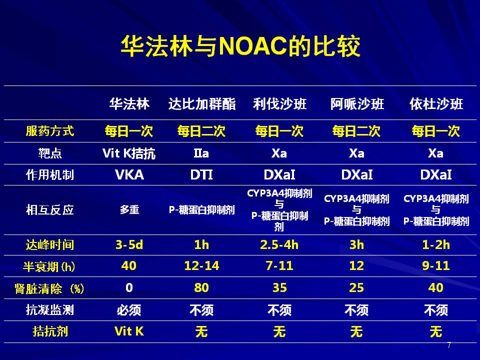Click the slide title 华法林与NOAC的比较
240,46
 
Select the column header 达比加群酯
201,104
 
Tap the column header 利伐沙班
279,104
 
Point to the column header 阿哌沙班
357,104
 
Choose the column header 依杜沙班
436,104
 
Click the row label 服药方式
50,131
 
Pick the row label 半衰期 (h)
49,266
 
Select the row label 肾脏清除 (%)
49,288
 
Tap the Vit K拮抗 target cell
129,153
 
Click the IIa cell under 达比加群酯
201,153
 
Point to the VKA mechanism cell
129,175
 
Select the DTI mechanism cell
201,175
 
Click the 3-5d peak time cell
129,245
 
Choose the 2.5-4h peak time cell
279,245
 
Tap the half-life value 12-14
201,265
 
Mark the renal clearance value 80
201,287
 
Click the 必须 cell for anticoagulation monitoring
129,310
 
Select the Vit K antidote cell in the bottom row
129,331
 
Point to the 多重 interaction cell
129,210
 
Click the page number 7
449,345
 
